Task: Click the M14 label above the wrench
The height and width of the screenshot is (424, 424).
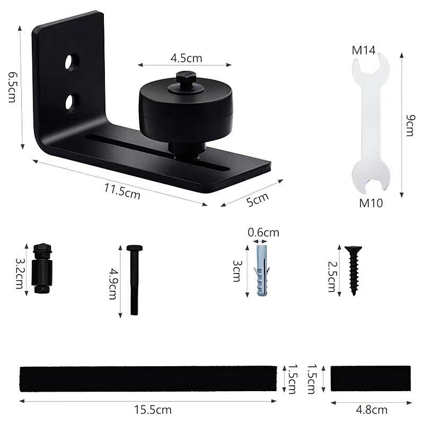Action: (x=364, y=50)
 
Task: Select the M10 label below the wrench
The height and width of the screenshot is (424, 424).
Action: (x=371, y=202)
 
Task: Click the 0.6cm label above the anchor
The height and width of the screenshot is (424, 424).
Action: (x=263, y=232)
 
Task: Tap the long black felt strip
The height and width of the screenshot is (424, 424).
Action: (x=148, y=378)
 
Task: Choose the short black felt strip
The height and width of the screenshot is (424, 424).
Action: (x=370, y=378)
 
